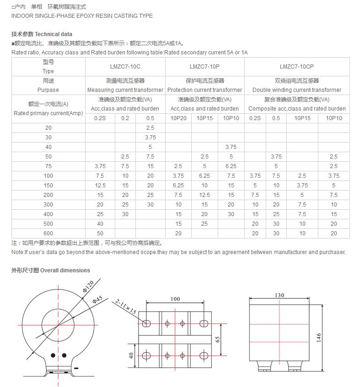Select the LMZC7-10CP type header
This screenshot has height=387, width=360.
click(x=296, y=67)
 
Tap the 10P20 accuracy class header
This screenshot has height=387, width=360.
click(x=178, y=118)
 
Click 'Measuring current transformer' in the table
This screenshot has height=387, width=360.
click(x=125, y=90)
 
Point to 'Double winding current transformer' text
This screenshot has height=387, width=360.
click(x=296, y=90)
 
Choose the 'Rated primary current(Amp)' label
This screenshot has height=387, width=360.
click(x=48, y=113)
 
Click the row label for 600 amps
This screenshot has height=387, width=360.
click(x=48, y=233)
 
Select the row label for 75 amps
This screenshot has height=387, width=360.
click(x=48, y=166)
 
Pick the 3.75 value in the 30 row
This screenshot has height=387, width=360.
click(x=150, y=138)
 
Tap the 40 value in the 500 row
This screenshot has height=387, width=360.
click(x=100, y=224)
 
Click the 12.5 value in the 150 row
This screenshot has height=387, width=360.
click(x=100, y=186)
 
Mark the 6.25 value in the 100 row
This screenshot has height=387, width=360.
click(x=204, y=176)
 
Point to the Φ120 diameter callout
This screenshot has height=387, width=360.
click(x=88, y=287)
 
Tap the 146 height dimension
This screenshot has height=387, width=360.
click(x=319, y=337)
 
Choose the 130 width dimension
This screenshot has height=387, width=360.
click(x=279, y=295)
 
